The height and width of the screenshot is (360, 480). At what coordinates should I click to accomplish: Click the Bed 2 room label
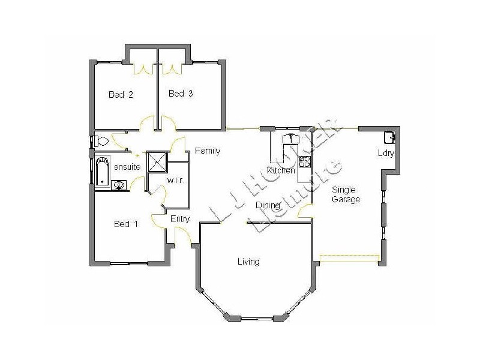coord(121,94)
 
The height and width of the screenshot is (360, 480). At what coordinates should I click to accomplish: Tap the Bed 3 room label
coord(180,94)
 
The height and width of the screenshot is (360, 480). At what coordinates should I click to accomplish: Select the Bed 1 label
coord(126,224)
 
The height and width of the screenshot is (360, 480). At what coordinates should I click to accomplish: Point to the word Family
coord(208,151)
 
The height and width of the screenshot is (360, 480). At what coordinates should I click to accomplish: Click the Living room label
coord(248,262)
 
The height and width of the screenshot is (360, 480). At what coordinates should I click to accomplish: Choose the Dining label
coord(267,206)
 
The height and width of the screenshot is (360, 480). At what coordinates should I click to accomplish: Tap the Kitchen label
coord(281,171)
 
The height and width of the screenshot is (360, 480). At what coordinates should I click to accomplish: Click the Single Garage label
coord(346,194)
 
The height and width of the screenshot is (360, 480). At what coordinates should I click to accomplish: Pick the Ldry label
coord(385,153)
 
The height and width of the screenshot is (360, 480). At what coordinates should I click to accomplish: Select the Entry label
coord(180,219)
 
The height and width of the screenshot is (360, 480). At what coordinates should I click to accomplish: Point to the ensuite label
coord(127,167)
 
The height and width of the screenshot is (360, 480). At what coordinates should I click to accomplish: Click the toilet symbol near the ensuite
coord(100,142)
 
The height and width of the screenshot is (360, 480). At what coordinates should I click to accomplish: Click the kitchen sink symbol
coord(291,139)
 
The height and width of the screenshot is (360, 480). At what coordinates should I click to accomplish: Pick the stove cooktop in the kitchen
coord(305,161)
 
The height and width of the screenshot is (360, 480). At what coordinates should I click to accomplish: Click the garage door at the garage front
coord(349,259)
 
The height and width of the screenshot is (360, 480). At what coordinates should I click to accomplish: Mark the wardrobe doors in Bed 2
coord(144,68)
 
